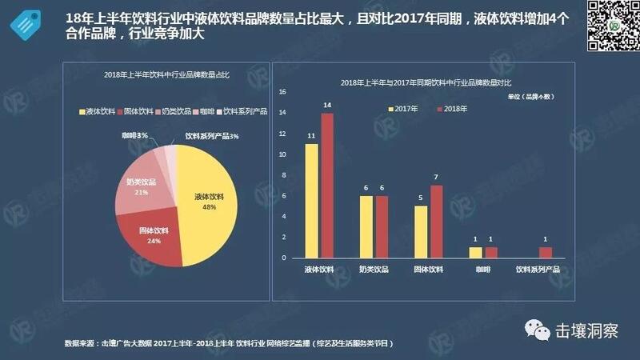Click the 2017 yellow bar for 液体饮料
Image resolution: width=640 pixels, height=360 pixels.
[312, 201]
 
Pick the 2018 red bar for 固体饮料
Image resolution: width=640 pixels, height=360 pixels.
[435, 222]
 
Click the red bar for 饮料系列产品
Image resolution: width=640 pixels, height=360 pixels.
[545, 252]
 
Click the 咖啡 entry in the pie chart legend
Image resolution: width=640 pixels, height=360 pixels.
[203, 111]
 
